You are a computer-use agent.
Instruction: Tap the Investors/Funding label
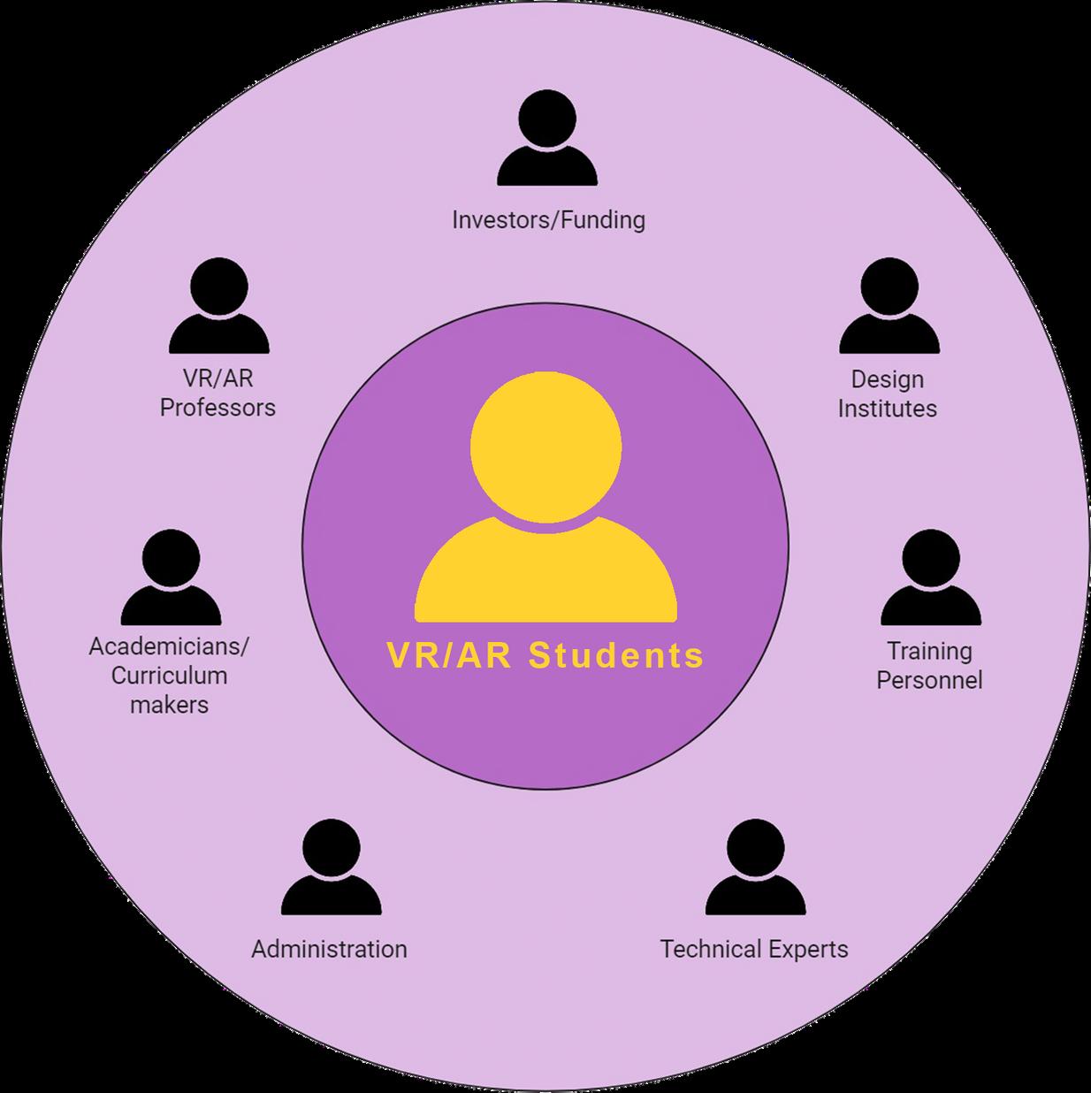tap(548, 219)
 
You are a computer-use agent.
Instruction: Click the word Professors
tap(217, 408)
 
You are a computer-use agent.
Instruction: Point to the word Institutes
tap(888, 409)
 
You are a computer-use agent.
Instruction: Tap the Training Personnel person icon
tap(930, 578)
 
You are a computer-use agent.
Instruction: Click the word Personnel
tap(929, 680)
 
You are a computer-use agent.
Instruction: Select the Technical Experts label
tap(754, 950)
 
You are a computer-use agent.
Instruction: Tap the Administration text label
tap(330, 950)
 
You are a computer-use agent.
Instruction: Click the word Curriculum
tap(169, 676)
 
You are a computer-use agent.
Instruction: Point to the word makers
tap(169, 705)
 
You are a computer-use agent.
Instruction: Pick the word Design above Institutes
tap(888, 379)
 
